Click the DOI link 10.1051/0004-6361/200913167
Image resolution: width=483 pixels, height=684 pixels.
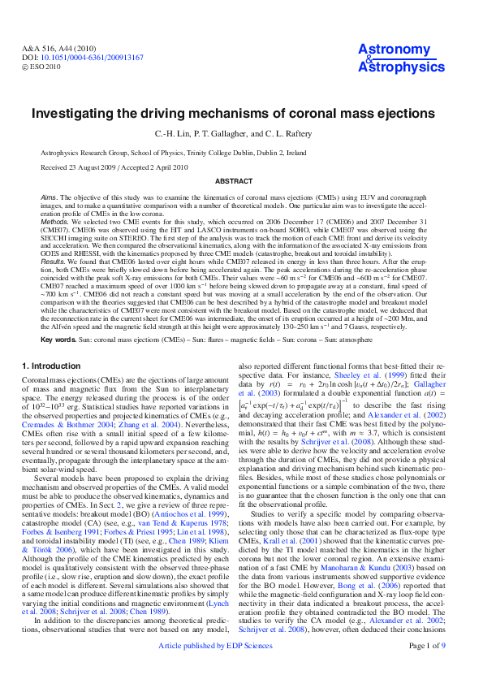click(93, 58)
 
